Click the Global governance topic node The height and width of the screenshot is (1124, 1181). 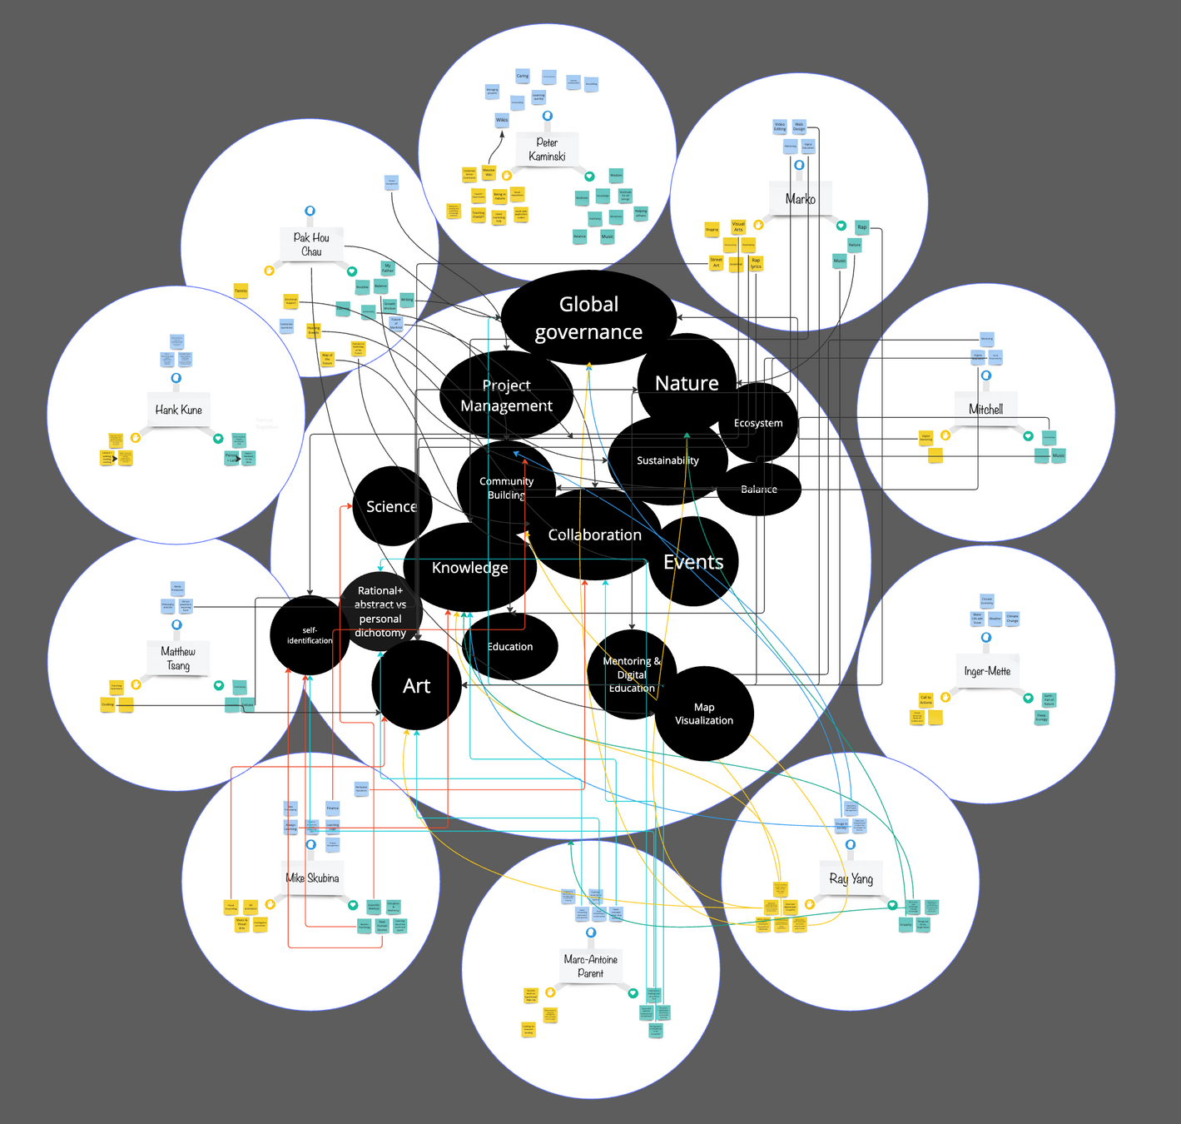click(x=588, y=317)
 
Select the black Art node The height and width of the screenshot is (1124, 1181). click(x=416, y=686)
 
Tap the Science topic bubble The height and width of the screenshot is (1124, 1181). click(x=391, y=506)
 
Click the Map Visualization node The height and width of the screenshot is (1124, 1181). click(x=704, y=714)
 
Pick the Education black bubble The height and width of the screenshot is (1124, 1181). click(x=510, y=647)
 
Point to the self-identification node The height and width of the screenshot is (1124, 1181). click(x=310, y=635)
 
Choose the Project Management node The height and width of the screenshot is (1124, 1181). click(x=506, y=395)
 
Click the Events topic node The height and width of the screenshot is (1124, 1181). click(x=693, y=562)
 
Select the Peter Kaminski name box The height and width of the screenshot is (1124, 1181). click(x=547, y=149)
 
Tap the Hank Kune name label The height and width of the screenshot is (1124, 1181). click(x=178, y=410)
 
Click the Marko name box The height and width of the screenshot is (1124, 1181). click(x=800, y=199)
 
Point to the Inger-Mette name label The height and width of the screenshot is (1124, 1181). click(x=987, y=671)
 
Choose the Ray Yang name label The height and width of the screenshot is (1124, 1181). click(x=851, y=878)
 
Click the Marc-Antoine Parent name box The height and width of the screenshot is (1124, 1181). click(x=591, y=966)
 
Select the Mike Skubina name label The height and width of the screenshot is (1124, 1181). click(x=312, y=878)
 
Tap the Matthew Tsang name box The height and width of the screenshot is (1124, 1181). click(x=177, y=658)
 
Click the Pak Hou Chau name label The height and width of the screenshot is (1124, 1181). click(x=311, y=244)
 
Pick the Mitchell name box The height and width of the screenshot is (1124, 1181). click(x=985, y=409)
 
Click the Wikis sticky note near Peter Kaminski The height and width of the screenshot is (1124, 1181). click(x=502, y=120)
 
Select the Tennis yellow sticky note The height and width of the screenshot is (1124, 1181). click(x=241, y=291)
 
